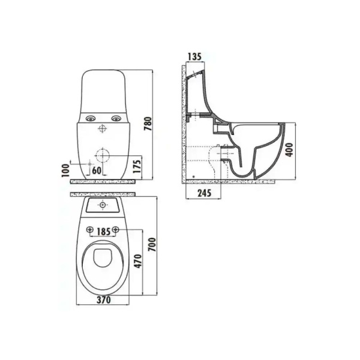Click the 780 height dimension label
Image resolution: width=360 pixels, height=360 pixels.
148,124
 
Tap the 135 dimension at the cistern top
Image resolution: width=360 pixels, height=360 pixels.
194,56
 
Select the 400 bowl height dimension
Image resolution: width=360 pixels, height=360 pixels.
289,149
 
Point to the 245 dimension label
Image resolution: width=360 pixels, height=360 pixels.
205,193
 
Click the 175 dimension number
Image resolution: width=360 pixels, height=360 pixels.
137,166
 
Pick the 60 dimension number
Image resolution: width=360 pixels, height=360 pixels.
97,170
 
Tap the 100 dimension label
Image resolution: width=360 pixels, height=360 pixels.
65,170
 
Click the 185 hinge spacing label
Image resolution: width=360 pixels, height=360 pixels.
103,232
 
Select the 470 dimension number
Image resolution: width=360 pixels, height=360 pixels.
138,261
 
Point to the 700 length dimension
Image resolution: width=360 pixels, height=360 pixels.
152,245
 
